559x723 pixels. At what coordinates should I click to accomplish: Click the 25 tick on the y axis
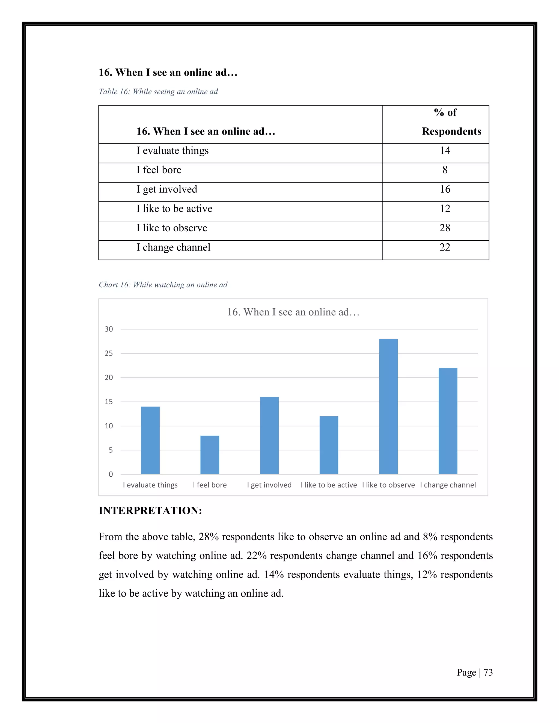pos(109,354)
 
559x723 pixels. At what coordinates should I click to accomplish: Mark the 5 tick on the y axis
pos(111,450)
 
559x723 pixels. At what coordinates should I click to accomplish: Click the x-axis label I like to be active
pos(329,485)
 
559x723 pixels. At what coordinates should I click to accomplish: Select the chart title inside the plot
pos(293,312)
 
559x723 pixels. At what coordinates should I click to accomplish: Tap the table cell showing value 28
pos(445,228)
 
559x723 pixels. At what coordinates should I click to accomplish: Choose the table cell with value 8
pos(445,170)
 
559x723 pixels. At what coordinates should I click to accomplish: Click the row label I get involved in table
pos(167,189)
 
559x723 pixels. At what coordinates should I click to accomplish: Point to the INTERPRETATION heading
pos(150,510)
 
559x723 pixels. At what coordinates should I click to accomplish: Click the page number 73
pos(488,672)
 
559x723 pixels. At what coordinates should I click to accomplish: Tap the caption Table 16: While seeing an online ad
pos(158,92)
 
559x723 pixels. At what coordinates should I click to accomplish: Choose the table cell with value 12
pos(445,208)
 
